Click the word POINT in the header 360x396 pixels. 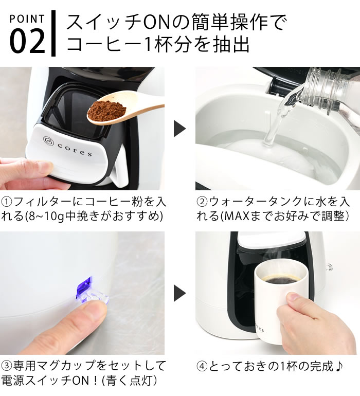coord(27,20)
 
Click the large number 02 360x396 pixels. coord(27,43)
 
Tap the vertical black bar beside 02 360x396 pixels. coord(53,33)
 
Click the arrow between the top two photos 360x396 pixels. coord(179,129)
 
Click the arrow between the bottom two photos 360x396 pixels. coord(179,294)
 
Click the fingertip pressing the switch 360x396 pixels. coord(77,319)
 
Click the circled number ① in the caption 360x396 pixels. coord(7,201)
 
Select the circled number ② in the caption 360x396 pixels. coord(203,201)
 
